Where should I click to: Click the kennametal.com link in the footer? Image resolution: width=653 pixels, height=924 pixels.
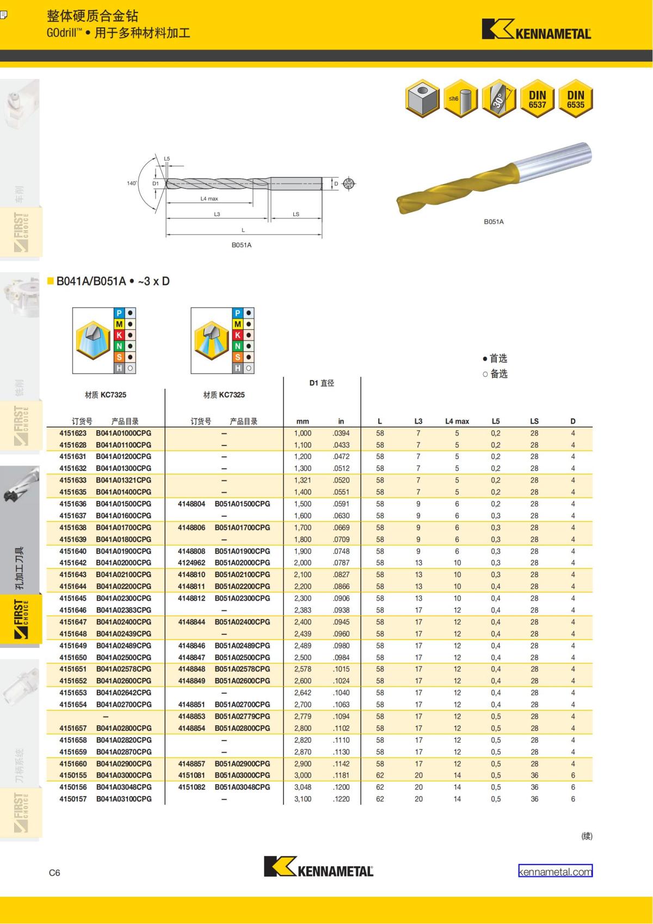[x=555, y=871]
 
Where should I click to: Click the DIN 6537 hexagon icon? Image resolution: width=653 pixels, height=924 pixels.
[x=537, y=99]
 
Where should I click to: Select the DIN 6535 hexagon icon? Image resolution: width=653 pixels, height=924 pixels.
[x=575, y=99]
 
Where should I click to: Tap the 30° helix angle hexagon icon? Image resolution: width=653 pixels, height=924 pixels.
[x=499, y=99]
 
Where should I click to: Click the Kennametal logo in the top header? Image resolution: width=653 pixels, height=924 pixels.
[x=536, y=30]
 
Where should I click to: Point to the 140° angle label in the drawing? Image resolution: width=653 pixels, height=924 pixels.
[x=132, y=183]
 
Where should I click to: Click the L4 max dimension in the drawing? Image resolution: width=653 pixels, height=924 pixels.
[x=209, y=199]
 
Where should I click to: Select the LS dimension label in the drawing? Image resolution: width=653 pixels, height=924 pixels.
[x=296, y=214]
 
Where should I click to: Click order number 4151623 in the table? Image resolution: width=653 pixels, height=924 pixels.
[x=73, y=433]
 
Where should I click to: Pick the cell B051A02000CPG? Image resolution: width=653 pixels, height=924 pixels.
[x=242, y=563]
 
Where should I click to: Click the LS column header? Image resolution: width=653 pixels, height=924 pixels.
[x=534, y=421]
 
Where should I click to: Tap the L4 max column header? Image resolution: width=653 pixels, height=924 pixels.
[x=457, y=421]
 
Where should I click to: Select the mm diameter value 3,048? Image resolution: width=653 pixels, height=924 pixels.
[x=303, y=787]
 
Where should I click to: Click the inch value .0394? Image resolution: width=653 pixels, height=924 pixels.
[x=341, y=433]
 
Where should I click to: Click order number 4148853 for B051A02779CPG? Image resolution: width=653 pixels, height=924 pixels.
[x=192, y=717]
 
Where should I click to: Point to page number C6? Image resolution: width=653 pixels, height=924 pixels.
[x=54, y=873]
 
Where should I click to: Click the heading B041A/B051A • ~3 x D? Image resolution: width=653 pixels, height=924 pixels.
[x=113, y=282]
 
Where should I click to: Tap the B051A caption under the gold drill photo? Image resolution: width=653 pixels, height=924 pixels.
[x=494, y=222]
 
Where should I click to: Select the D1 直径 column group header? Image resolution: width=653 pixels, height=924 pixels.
[x=322, y=383]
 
